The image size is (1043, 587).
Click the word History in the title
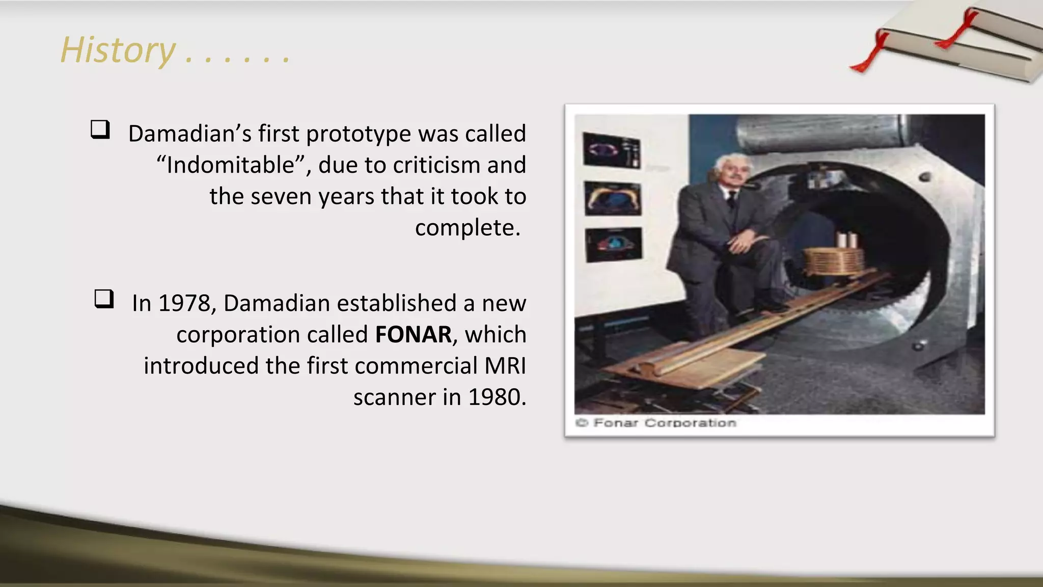pyautogui.click(x=118, y=50)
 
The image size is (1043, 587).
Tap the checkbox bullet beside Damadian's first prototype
pyautogui.click(x=100, y=129)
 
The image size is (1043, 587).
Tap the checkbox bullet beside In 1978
pyautogui.click(x=104, y=299)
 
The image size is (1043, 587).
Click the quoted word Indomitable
pyautogui.click(x=231, y=165)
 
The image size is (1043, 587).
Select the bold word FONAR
pyautogui.click(x=413, y=335)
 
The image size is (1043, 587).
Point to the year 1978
pyautogui.click(x=184, y=303)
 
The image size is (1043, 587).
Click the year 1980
pyautogui.click(x=497, y=397)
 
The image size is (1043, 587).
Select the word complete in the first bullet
pyautogui.click(x=467, y=228)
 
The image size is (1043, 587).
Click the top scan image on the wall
pyautogui.click(x=612, y=150)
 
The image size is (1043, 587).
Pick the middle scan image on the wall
pyautogui.click(x=613, y=198)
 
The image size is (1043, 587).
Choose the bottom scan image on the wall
pyautogui.click(x=614, y=244)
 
